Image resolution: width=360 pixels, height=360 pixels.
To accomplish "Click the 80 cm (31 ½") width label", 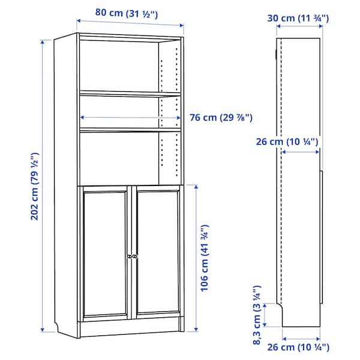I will coord(126,13).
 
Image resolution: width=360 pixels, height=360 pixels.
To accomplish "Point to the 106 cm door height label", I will coord(205,258).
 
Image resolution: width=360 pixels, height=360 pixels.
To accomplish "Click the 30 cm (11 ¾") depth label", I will coord(298,19).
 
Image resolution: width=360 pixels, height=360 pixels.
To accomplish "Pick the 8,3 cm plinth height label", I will coord(257,316).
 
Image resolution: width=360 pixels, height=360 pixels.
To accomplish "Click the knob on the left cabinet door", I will coord(128,256).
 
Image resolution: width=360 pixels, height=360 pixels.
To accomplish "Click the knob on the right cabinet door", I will coord(135,256).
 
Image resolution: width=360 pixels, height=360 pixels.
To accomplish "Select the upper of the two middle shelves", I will coord(129,93).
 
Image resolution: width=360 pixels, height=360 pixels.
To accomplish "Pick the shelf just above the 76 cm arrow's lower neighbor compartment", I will coord(129,129).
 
